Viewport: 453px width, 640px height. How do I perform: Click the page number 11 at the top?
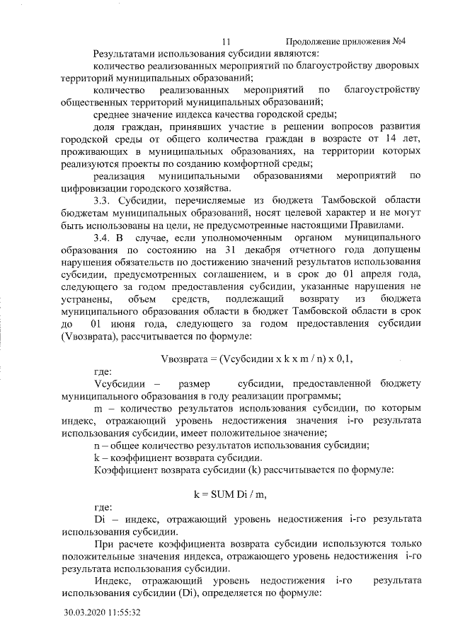pyautogui.click(x=226, y=42)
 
